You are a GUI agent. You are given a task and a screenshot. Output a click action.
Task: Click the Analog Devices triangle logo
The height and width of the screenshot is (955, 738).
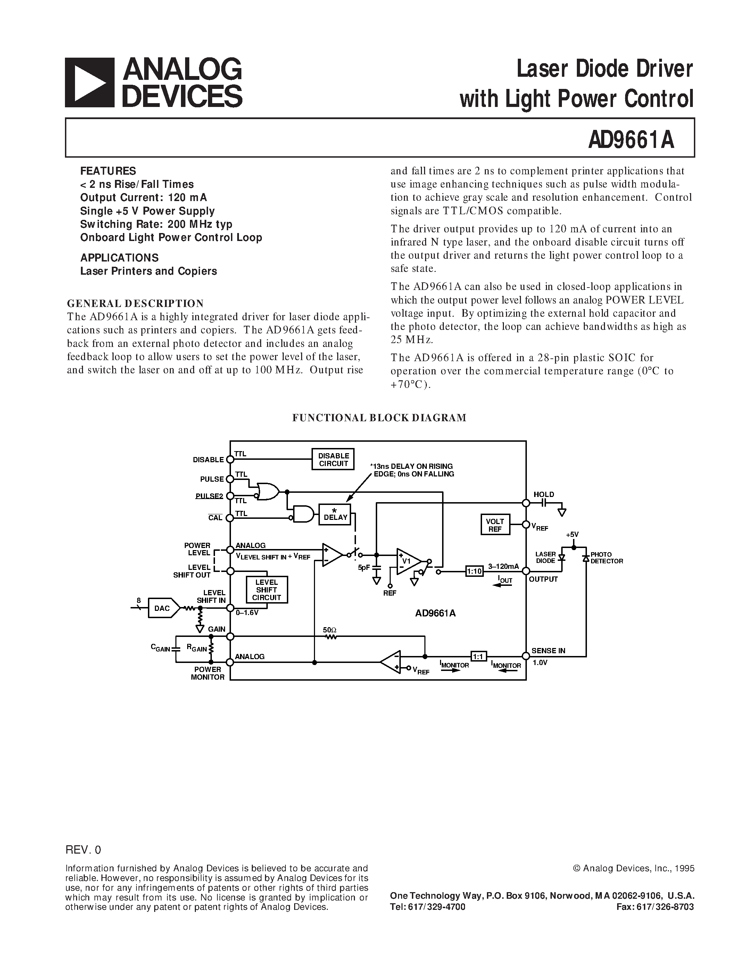90,83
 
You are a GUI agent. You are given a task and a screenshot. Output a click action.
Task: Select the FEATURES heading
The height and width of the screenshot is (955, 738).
108,171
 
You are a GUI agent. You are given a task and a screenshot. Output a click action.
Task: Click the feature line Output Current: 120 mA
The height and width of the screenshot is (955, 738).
143,198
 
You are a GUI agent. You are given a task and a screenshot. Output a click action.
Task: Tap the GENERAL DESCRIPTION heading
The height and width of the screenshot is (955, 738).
135,304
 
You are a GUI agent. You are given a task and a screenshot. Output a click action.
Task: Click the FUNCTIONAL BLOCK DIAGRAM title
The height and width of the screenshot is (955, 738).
379,417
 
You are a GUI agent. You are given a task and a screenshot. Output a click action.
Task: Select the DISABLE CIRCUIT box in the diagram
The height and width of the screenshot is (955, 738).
333,459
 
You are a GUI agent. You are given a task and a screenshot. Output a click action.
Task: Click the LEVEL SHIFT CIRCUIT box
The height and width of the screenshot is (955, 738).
266,590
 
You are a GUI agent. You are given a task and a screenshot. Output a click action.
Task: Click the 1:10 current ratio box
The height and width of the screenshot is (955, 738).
474,571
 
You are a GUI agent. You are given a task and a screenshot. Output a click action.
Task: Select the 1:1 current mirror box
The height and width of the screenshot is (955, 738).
478,656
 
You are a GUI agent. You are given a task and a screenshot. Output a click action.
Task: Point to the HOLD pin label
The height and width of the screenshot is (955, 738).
544,495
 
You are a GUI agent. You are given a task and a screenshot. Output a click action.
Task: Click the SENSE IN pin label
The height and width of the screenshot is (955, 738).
548,651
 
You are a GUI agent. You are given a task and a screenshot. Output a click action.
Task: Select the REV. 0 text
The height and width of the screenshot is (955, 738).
83,850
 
